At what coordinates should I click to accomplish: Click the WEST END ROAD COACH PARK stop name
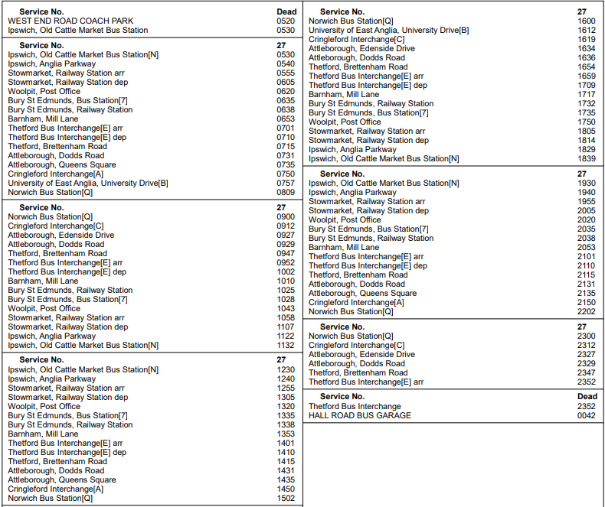tap(70, 21)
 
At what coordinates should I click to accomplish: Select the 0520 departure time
tap(286, 21)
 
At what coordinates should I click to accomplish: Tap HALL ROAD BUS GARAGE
tap(360, 415)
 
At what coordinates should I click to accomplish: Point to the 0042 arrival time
tap(587, 415)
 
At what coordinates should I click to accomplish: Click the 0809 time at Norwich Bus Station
tap(286, 192)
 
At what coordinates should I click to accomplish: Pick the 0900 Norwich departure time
tap(286, 217)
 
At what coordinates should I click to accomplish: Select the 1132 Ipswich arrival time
tap(286, 345)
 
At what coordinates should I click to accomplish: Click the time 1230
tap(286, 370)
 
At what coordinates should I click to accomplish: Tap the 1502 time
tap(286, 498)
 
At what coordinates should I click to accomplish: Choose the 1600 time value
tap(587, 21)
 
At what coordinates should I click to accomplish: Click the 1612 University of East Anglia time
tap(587, 31)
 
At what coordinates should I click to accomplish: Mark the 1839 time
tap(587, 158)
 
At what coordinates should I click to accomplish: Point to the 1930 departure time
tap(587, 184)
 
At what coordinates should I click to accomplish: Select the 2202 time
tap(587, 311)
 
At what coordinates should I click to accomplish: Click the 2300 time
tap(587, 336)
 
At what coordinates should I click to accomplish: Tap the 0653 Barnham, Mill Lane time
tap(286, 119)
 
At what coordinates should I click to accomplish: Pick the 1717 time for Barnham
tap(587, 95)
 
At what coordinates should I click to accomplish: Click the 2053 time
tap(587, 248)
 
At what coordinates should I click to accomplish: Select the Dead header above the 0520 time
tap(286, 12)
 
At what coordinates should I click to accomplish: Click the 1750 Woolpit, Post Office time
tap(587, 122)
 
